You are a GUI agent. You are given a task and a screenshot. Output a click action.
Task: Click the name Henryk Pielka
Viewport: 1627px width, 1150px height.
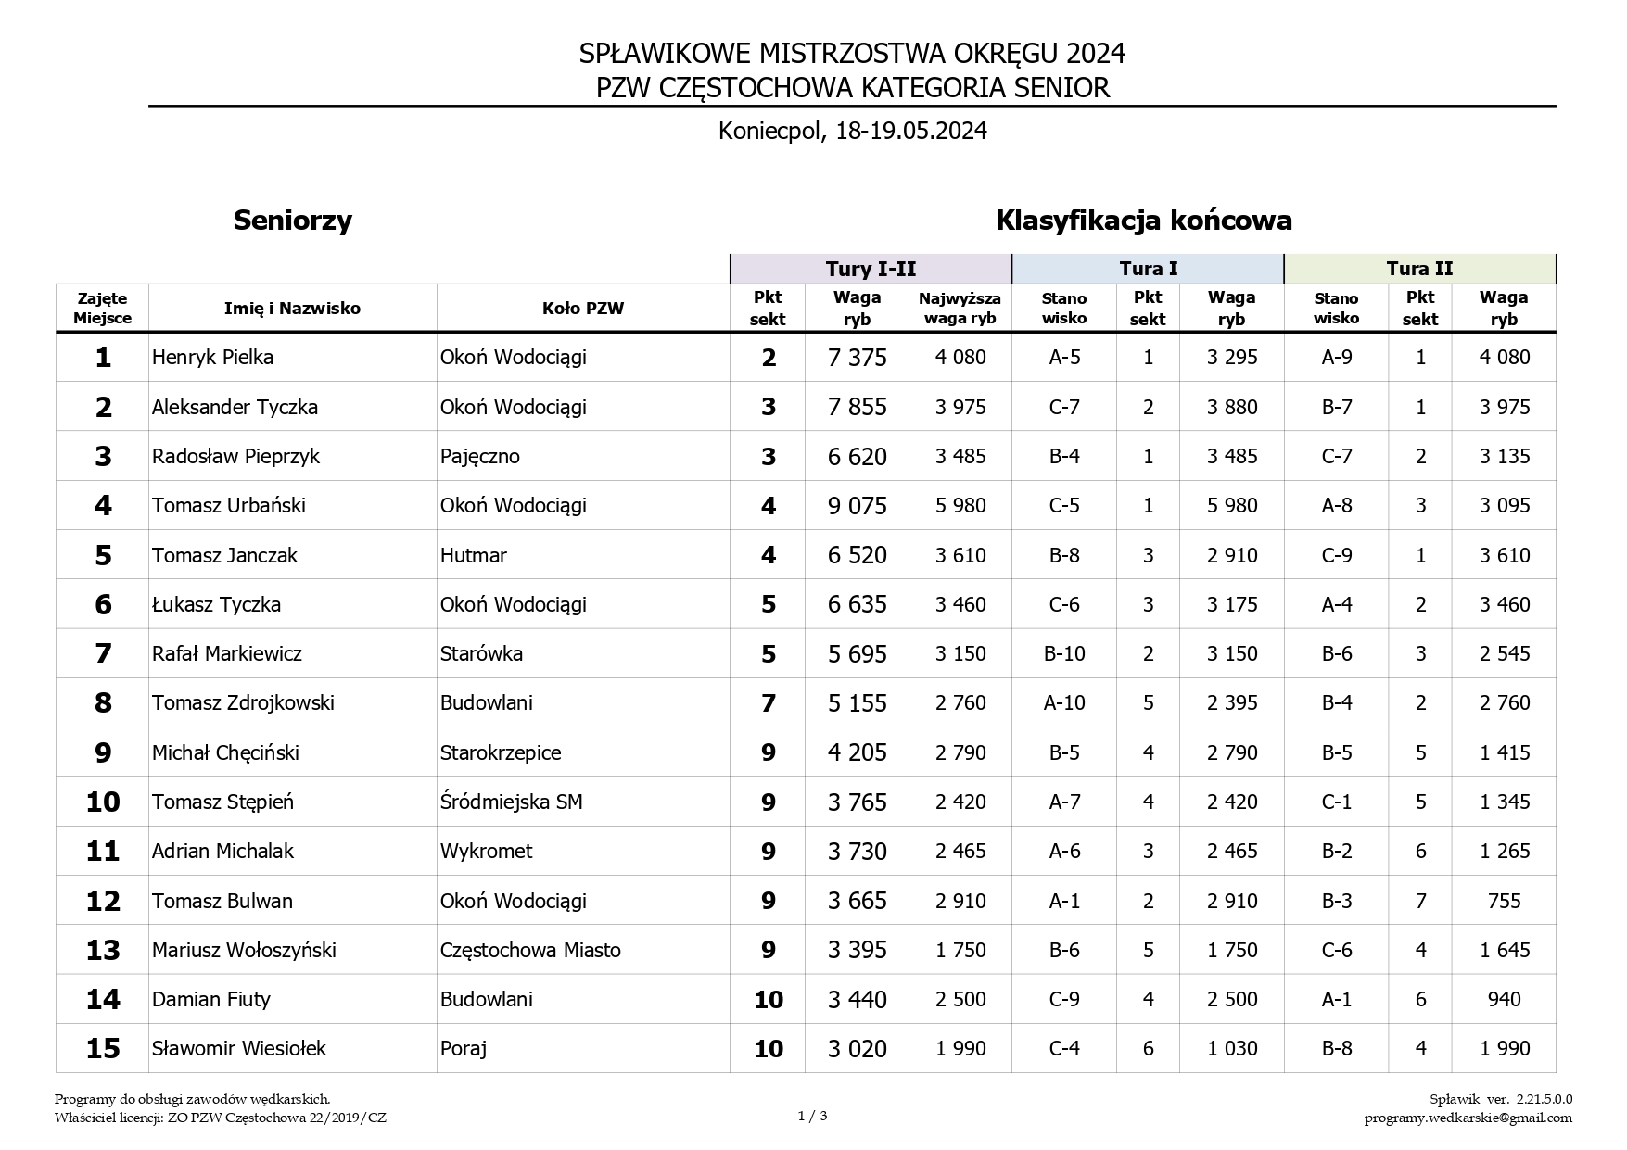click(x=212, y=358)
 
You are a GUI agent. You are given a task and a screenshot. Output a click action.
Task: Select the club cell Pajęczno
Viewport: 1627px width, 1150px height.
click(x=479, y=456)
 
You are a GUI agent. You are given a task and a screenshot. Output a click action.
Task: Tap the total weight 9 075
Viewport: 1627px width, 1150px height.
click(x=857, y=506)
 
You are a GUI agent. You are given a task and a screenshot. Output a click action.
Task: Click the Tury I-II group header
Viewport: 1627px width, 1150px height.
click(x=871, y=269)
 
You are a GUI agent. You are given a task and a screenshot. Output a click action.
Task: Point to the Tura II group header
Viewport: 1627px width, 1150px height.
click(x=1419, y=269)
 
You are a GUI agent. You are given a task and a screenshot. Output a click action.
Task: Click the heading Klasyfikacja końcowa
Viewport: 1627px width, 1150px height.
click(x=1143, y=221)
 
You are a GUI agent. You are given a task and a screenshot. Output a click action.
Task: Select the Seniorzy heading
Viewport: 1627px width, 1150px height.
click(x=293, y=221)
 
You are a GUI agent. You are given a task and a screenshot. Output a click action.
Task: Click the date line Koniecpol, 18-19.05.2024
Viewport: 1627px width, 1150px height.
click(x=852, y=131)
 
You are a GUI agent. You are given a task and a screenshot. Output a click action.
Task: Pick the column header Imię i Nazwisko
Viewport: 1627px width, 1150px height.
click(x=292, y=309)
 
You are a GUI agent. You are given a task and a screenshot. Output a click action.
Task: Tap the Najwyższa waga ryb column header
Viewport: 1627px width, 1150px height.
click(x=960, y=308)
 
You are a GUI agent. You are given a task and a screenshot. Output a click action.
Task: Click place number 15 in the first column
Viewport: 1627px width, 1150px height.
click(x=103, y=1048)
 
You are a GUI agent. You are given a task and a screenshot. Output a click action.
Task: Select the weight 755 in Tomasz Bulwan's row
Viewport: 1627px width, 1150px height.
click(x=1503, y=901)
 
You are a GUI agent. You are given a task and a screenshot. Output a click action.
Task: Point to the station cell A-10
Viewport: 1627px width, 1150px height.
click(x=1063, y=702)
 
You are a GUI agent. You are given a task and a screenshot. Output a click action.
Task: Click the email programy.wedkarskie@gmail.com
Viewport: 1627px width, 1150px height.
click(x=1468, y=1118)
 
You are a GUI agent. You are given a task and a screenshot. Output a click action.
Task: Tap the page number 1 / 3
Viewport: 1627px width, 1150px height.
click(x=812, y=1116)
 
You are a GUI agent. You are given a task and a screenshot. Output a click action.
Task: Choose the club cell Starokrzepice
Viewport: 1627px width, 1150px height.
click(x=500, y=752)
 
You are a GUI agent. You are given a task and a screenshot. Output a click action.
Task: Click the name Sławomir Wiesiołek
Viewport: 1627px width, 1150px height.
click(x=239, y=1048)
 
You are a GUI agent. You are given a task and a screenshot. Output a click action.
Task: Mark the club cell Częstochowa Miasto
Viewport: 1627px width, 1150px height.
click(x=530, y=950)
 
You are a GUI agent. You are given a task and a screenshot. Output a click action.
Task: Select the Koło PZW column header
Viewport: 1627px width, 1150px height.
click(x=583, y=309)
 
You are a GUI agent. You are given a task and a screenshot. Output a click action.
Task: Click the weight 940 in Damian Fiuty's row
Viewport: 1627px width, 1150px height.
click(x=1503, y=999)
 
